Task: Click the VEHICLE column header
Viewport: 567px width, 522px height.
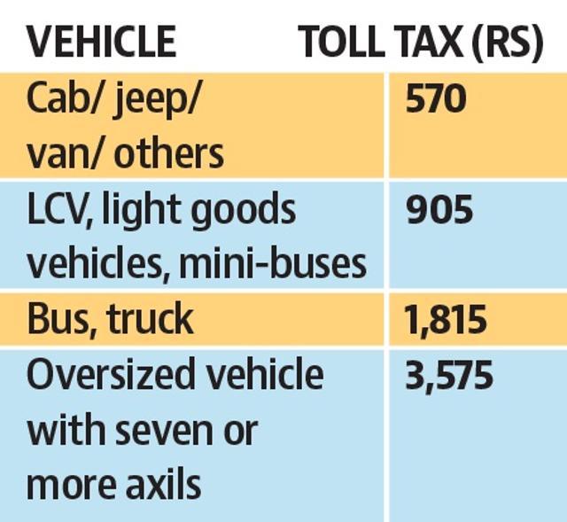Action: pyautogui.click(x=102, y=42)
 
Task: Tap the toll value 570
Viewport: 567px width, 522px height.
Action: pyautogui.click(x=435, y=98)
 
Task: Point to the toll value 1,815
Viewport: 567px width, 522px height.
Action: pyautogui.click(x=446, y=319)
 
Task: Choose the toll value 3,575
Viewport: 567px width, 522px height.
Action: pyautogui.click(x=449, y=375)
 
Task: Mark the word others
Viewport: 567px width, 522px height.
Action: pyautogui.click(x=169, y=153)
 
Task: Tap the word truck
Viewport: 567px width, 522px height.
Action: pyautogui.click(x=150, y=318)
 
